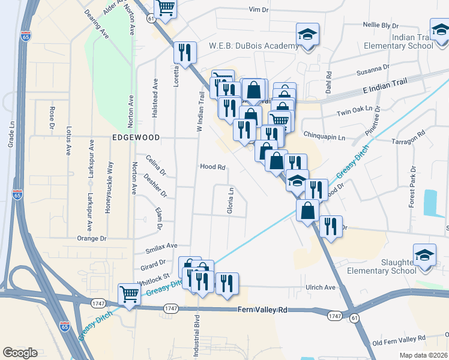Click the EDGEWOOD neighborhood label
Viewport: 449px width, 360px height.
tap(136, 137)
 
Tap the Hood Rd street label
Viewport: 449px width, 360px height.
tap(212, 167)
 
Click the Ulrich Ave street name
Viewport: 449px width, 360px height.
tap(321, 287)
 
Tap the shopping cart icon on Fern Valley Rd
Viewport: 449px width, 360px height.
tap(129, 295)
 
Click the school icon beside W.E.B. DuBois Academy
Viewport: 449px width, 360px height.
tap(307, 35)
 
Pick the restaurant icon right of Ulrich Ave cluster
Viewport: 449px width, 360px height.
tap(226, 284)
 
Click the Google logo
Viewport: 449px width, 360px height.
tap(20, 353)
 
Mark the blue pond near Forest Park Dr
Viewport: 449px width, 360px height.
tap(430, 203)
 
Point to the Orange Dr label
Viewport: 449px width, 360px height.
tap(92, 239)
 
